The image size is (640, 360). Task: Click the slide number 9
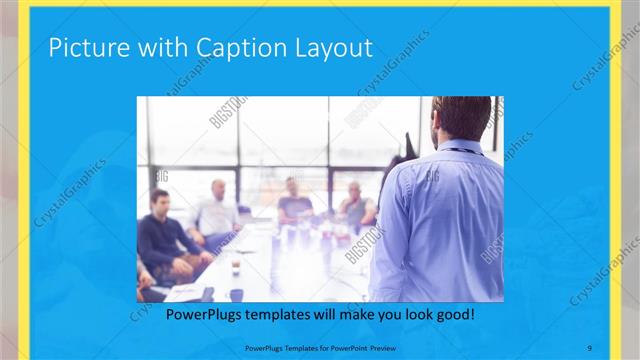click(590, 347)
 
